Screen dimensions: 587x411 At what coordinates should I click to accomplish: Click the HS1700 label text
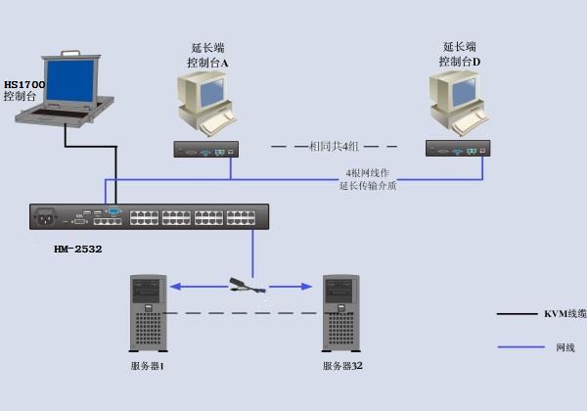[24, 84]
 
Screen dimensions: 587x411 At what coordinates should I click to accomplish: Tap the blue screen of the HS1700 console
[70, 80]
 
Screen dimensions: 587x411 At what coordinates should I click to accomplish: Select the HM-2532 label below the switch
[78, 249]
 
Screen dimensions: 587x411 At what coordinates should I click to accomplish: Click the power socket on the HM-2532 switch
[45, 217]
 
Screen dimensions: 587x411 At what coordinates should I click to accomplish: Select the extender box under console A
[206, 150]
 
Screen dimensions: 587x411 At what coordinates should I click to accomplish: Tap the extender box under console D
[458, 148]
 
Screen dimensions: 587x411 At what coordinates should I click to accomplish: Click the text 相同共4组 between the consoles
[334, 147]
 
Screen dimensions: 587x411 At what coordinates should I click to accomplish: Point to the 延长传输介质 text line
[368, 186]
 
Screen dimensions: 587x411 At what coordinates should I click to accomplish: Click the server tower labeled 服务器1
[149, 313]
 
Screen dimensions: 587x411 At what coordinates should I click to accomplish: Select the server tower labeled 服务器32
[341, 313]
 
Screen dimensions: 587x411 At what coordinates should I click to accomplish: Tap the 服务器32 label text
[342, 366]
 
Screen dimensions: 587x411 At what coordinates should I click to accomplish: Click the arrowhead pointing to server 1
[175, 287]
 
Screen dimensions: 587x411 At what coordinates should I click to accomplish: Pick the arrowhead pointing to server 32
[306, 287]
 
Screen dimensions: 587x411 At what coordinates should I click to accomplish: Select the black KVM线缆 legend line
[517, 314]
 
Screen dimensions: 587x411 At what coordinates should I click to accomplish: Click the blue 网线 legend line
[520, 347]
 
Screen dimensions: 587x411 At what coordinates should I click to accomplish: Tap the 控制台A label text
[207, 63]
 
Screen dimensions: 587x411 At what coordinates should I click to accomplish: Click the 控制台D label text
[460, 62]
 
